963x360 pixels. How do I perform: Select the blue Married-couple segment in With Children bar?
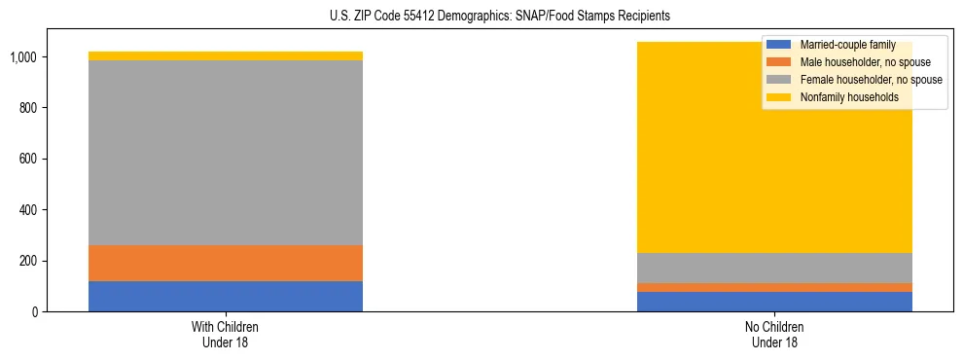coord(226,296)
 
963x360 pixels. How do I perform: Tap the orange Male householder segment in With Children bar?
coord(226,263)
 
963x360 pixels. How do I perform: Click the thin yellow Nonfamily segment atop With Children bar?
coord(226,56)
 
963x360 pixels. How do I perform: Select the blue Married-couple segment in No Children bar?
coord(774,302)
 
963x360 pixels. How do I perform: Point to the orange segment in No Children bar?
coord(774,287)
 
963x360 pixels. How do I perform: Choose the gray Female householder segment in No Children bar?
coord(774,268)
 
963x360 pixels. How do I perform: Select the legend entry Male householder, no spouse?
coord(853,62)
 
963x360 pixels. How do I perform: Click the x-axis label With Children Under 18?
coord(226,334)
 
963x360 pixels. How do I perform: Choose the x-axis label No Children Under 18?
coord(774,334)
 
